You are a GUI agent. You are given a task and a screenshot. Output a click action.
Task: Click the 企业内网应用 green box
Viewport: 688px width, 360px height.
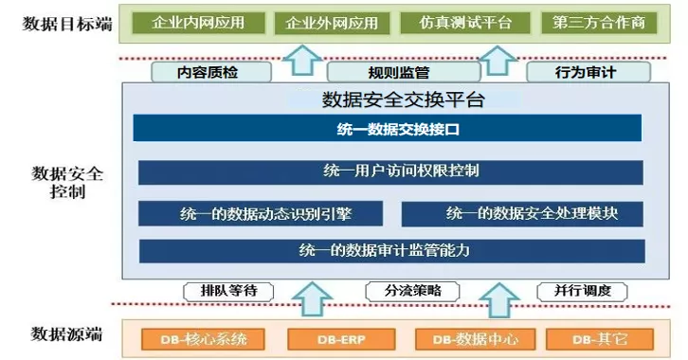click(x=198, y=23)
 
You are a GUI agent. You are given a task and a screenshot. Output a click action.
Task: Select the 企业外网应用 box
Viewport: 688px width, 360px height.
click(x=332, y=23)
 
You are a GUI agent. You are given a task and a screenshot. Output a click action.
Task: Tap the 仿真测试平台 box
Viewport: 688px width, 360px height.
click(x=465, y=23)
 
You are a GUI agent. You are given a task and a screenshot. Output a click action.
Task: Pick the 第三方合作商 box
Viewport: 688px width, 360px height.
click(x=599, y=23)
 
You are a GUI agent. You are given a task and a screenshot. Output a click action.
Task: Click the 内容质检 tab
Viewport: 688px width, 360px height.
click(x=211, y=72)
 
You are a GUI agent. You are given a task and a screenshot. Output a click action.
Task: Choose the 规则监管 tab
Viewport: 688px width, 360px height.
click(x=404, y=72)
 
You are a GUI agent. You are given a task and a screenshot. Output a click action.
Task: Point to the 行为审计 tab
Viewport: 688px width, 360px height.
click(x=588, y=72)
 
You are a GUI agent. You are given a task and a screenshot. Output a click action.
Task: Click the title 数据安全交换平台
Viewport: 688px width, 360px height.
click(x=404, y=100)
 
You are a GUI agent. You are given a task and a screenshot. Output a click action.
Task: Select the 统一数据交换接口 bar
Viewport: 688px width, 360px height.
click(x=387, y=128)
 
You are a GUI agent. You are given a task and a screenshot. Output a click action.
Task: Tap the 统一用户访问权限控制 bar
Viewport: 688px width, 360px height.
click(x=390, y=172)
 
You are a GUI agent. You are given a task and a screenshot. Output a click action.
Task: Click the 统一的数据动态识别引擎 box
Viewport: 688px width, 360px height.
click(x=261, y=213)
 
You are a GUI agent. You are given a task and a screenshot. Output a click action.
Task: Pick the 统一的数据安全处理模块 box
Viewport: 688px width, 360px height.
click(x=522, y=214)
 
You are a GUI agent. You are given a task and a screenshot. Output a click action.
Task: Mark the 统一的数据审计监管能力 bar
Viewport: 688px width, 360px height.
click(x=391, y=251)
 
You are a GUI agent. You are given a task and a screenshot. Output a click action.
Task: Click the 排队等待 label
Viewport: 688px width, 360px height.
click(x=228, y=292)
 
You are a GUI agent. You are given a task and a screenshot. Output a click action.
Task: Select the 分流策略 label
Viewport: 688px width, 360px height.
click(x=412, y=292)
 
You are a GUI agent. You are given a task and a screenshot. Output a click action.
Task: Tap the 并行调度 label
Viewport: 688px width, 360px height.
click(x=582, y=292)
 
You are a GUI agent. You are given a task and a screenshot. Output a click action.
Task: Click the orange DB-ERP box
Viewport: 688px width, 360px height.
click(x=341, y=339)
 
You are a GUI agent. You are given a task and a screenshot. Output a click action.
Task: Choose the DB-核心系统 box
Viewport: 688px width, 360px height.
click(x=203, y=339)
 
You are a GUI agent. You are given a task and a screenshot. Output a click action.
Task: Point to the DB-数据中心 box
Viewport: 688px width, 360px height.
click(x=475, y=339)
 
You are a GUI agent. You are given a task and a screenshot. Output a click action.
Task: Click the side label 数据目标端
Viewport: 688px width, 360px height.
click(x=67, y=24)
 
